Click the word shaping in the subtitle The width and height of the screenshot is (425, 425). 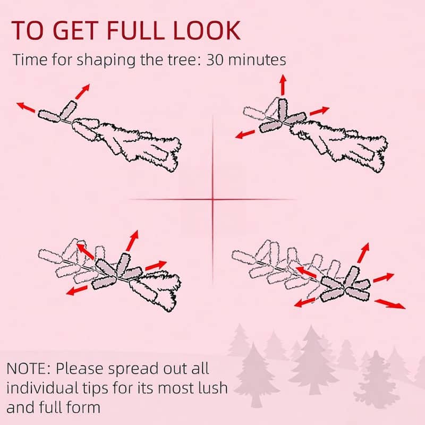[x=106, y=60]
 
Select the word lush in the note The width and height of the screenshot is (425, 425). [x=212, y=388]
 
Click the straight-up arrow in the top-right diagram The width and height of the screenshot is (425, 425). [x=283, y=85]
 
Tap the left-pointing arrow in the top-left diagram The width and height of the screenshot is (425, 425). [x=26, y=107]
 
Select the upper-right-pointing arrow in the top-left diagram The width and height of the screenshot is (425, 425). [x=82, y=91]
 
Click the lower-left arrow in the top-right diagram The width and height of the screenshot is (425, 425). [x=245, y=134]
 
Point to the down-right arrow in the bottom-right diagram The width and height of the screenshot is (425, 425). [x=390, y=304]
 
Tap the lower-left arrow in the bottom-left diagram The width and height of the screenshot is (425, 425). [x=77, y=290]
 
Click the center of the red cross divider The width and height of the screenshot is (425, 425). [x=213, y=200]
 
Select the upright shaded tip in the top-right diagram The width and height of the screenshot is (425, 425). [x=282, y=109]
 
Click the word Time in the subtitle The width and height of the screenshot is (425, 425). [x=30, y=59]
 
